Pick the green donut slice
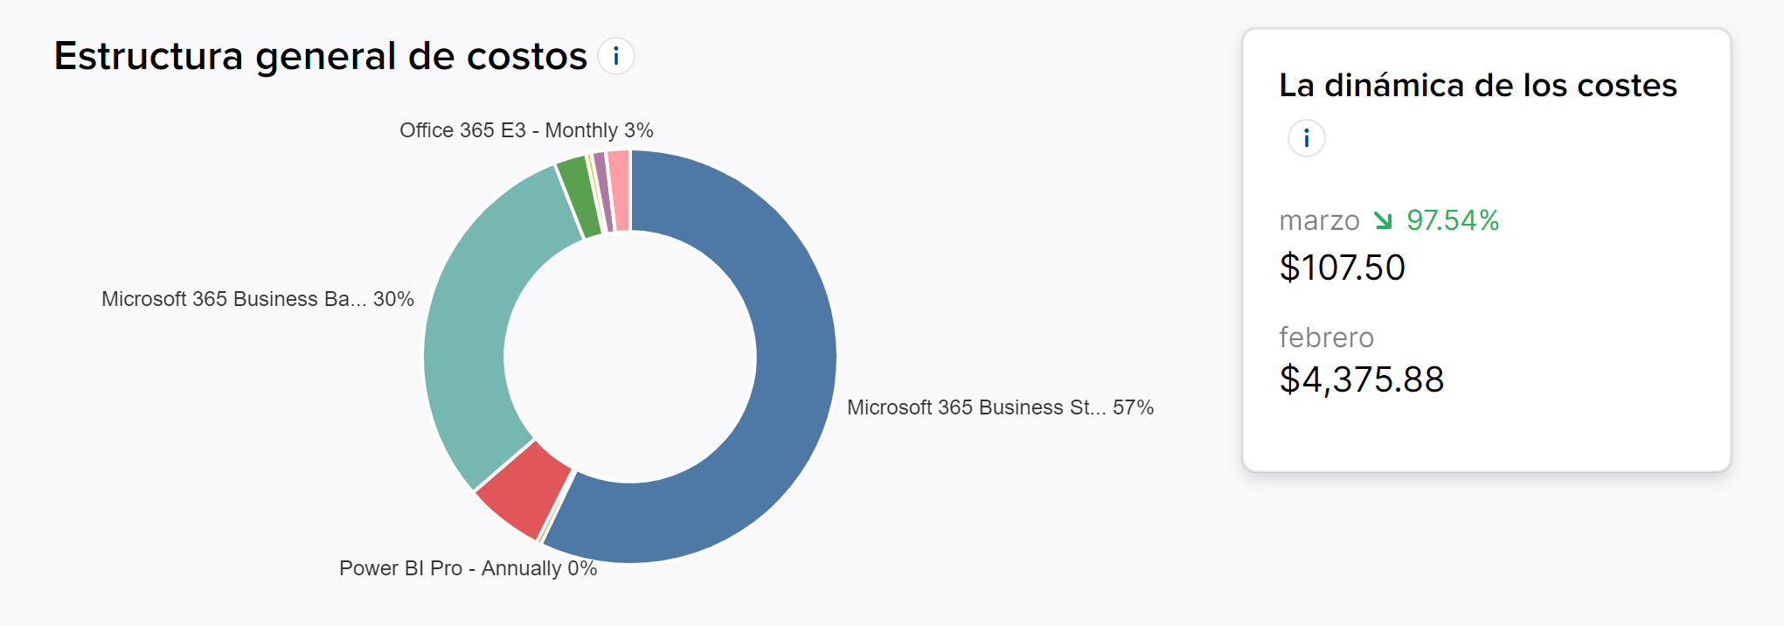[577, 197]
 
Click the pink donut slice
[619, 191]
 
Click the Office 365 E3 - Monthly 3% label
[526, 130]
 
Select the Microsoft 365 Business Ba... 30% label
[258, 299]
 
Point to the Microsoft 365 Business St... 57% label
[1000, 407]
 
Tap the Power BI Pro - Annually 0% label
[468, 568]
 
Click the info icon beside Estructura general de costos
[616, 57]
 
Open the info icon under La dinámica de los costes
[1306, 138]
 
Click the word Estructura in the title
[148, 57]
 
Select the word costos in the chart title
[526, 57]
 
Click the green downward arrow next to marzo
[1383, 220]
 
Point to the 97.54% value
[1453, 220]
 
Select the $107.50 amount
[1342, 268]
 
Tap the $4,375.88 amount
[1361, 379]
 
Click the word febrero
[1326, 337]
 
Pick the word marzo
[1319, 220]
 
